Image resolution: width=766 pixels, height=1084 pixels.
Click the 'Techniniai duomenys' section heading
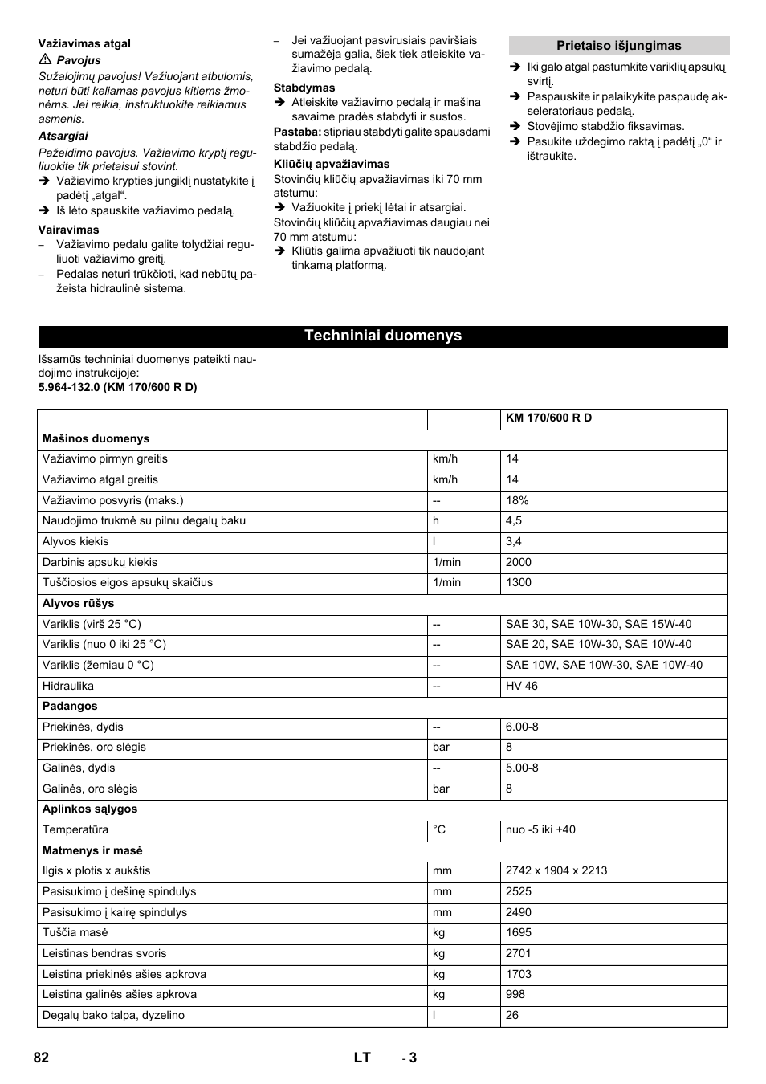pos(383,336)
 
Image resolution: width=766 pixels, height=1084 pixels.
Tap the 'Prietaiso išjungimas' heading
pos(618,46)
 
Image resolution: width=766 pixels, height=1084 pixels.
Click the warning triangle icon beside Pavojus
pos(45,60)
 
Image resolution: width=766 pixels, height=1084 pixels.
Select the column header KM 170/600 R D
pos(548,418)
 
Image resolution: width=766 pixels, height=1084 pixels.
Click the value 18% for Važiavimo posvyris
pos(517,500)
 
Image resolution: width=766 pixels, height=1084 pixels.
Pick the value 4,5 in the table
pos(514,520)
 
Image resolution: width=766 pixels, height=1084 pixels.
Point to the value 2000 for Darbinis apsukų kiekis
pos(519,562)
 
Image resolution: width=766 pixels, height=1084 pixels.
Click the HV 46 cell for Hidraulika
pos(522,686)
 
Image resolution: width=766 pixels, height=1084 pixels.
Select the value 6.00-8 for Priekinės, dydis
pos(522,727)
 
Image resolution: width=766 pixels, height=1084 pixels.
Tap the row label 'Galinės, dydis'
pos(79,768)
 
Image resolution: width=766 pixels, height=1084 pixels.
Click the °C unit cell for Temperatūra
pos(439,829)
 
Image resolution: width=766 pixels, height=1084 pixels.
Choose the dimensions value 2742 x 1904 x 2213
pos(556,870)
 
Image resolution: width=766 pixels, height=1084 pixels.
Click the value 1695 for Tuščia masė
pos(519,932)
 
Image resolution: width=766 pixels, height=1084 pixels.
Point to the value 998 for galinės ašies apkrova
pos(515,994)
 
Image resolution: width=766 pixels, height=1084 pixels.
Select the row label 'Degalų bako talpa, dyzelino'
pos(113,1015)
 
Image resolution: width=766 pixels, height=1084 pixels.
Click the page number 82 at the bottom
pos(42,1058)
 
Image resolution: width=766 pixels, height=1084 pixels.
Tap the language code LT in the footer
pos(362,1058)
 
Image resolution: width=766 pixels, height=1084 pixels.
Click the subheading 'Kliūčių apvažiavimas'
pos(332,164)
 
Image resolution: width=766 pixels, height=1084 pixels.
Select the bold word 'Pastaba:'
pos(297,132)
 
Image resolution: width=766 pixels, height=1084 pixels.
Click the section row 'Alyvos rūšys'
pos(78,603)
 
